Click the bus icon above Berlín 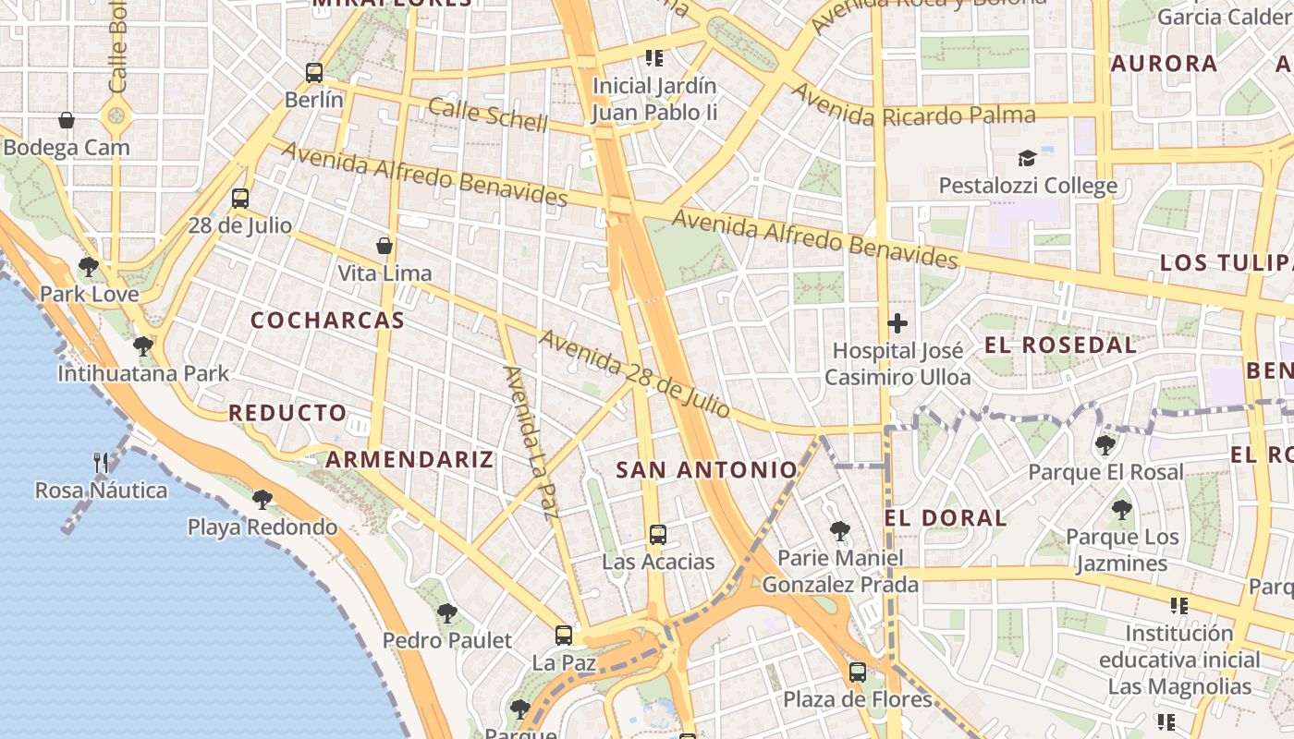click(x=314, y=73)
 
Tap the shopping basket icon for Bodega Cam click(x=67, y=120)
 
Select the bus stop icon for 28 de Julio click(x=240, y=198)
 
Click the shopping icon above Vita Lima click(x=385, y=246)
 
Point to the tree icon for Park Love click(x=89, y=268)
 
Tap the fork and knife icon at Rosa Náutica click(x=102, y=463)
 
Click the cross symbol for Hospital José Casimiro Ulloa click(x=897, y=324)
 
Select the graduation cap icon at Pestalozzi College click(x=1028, y=159)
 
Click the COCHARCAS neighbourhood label click(x=327, y=321)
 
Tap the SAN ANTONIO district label click(x=706, y=470)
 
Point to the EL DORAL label click(x=945, y=518)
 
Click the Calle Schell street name click(x=488, y=115)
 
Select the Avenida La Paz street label click(x=527, y=442)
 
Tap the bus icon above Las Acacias click(x=658, y=535)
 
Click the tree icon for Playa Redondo click(x=262, y=500)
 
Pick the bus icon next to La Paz click(x=564, y=636)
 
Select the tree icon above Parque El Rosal click(x=1105, y=445)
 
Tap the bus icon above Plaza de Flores click(x=858, y=672)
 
